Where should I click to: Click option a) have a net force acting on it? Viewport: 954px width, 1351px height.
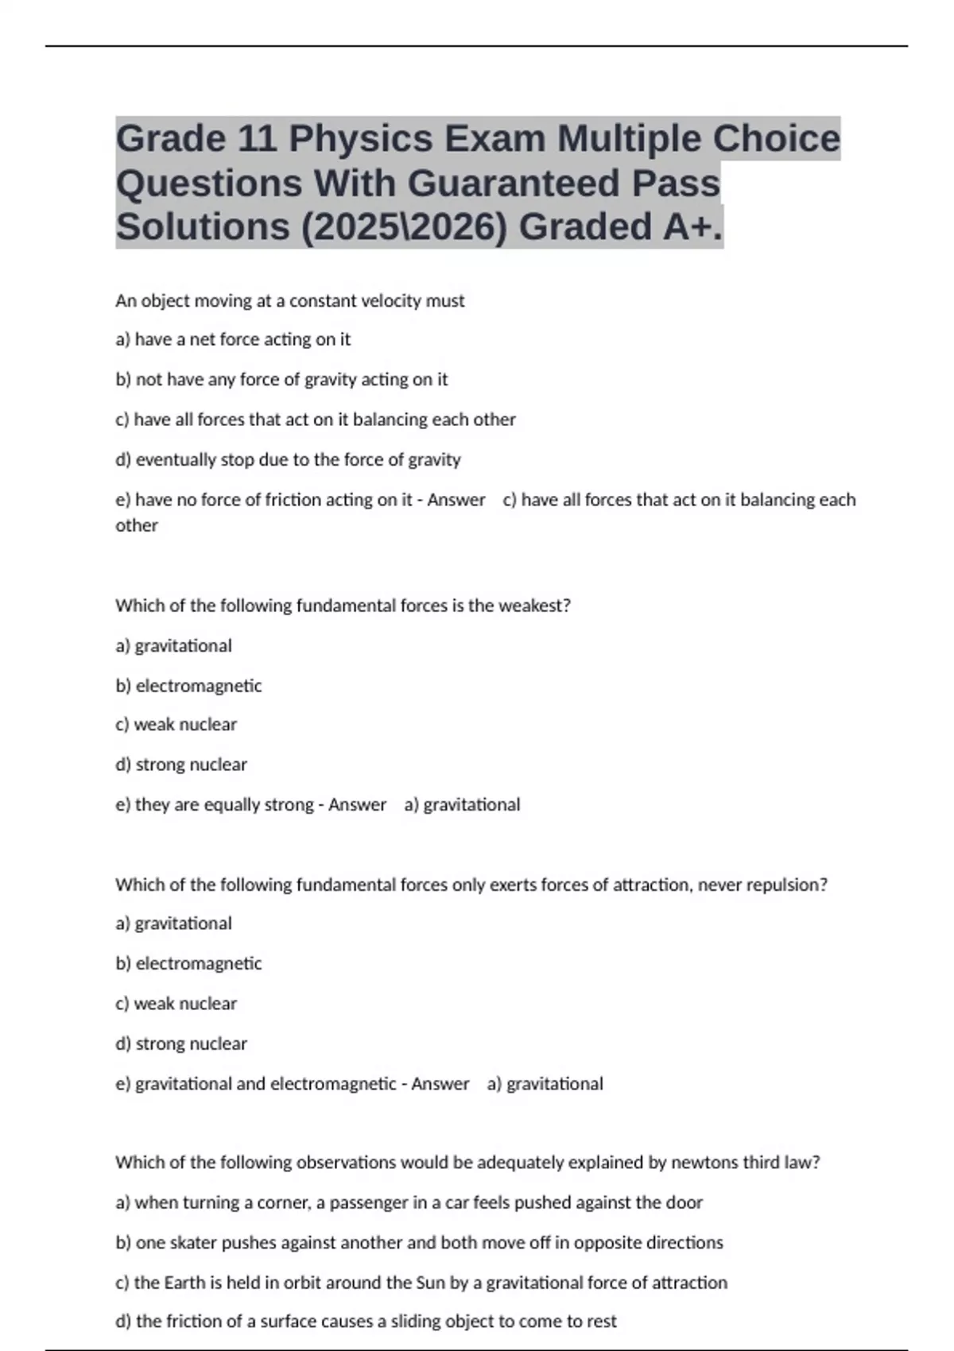click(233, 339)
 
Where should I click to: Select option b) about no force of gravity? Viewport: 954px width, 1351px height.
click(281, 380)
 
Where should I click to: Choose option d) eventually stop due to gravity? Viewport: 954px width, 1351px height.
click(288, 459)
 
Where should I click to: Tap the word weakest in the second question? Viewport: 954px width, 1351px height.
click(534, 606)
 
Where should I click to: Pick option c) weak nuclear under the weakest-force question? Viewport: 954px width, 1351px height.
click(176, 725)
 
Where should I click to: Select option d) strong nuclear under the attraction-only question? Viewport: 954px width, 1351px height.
click(181, 1043)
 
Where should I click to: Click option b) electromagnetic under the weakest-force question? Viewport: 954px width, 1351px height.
click(188, 686)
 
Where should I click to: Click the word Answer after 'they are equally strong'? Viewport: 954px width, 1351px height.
click(357, 805)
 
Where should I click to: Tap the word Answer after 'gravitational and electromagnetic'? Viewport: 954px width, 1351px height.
click(440, 1084)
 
